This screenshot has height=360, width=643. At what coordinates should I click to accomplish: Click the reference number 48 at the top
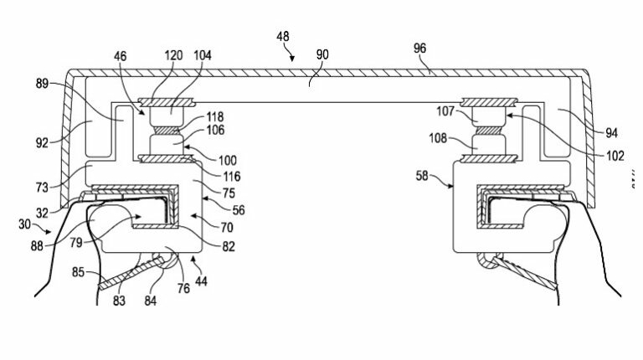pos(282,37)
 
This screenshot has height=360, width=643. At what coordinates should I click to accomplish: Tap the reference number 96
pos(419,49)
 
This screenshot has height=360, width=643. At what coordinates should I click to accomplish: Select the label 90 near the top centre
pos(322,54)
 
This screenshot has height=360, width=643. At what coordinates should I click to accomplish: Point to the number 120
pos(173,55)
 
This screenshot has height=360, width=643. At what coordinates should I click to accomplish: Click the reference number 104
pos(202,55)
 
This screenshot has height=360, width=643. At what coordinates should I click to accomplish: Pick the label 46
pos(121,56)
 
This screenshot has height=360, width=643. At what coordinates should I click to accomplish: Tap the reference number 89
pos(42,84)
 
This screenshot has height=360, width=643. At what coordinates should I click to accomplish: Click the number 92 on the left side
pos(42,143)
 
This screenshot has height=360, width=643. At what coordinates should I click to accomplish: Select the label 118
pos(215,117)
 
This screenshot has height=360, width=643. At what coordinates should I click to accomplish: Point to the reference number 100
pos(227,160)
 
